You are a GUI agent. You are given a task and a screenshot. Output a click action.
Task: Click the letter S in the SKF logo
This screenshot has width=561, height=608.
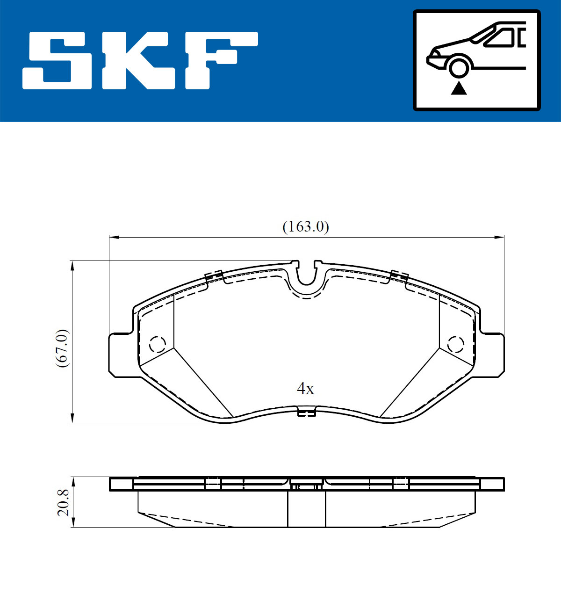[57, 60]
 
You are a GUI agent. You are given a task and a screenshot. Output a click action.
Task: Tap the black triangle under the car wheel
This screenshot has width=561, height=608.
[459, 88]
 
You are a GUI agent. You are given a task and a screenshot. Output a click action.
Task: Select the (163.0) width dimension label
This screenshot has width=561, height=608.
[305, 227]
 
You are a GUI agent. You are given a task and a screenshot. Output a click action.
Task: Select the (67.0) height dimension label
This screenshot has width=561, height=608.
[62, 348]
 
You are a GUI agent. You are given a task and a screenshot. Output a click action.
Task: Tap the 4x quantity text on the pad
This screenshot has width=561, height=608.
[305, 389]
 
